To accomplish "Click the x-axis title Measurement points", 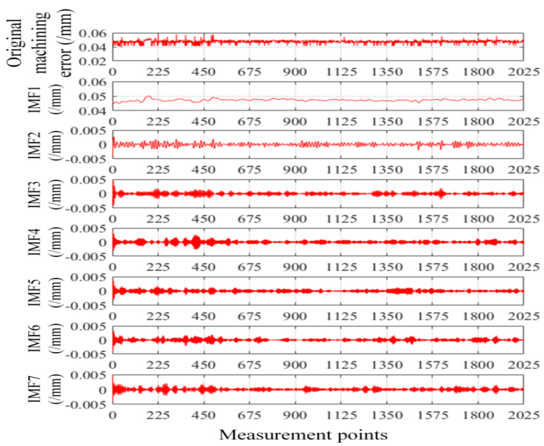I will pos(303,434).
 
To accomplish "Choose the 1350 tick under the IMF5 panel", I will pos(387,316).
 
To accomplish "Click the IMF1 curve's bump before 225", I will pos(148,97).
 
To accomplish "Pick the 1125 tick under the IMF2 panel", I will pos(341,170).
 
